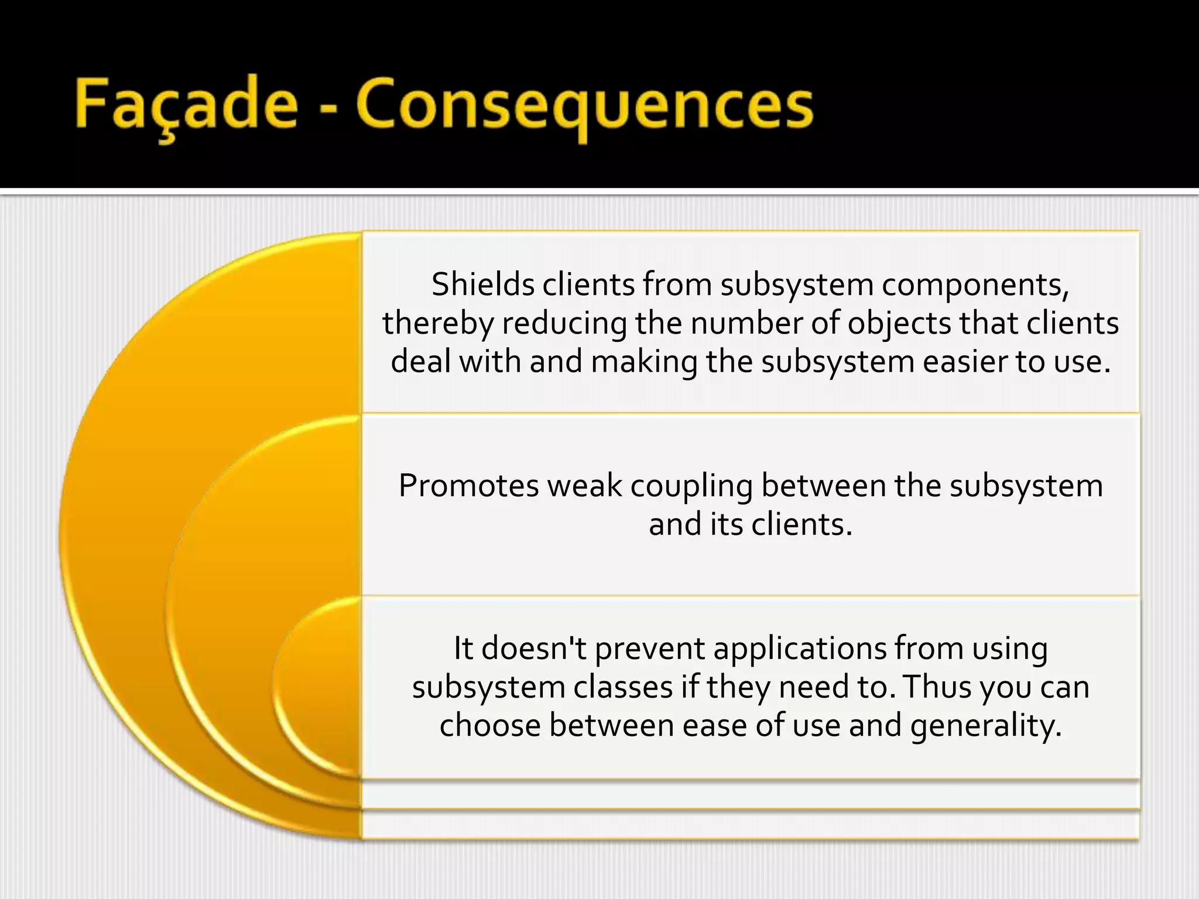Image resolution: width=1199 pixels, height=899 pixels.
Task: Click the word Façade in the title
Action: click(186, 104)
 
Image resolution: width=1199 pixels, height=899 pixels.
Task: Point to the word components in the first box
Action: click(975, 286)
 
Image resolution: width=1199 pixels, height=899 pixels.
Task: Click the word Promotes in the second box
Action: click(468, 486)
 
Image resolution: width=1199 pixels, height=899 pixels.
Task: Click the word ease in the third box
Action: click(715, 726)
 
